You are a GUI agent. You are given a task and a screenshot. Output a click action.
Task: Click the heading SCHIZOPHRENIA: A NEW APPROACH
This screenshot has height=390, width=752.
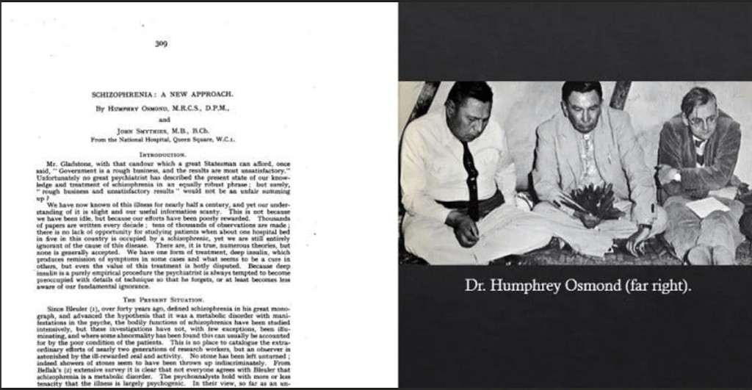coord(162,95)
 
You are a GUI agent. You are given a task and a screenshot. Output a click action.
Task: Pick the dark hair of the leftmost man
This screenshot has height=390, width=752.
coord(469,91)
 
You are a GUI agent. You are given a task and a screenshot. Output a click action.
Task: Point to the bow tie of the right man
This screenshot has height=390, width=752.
coord(698,140)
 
